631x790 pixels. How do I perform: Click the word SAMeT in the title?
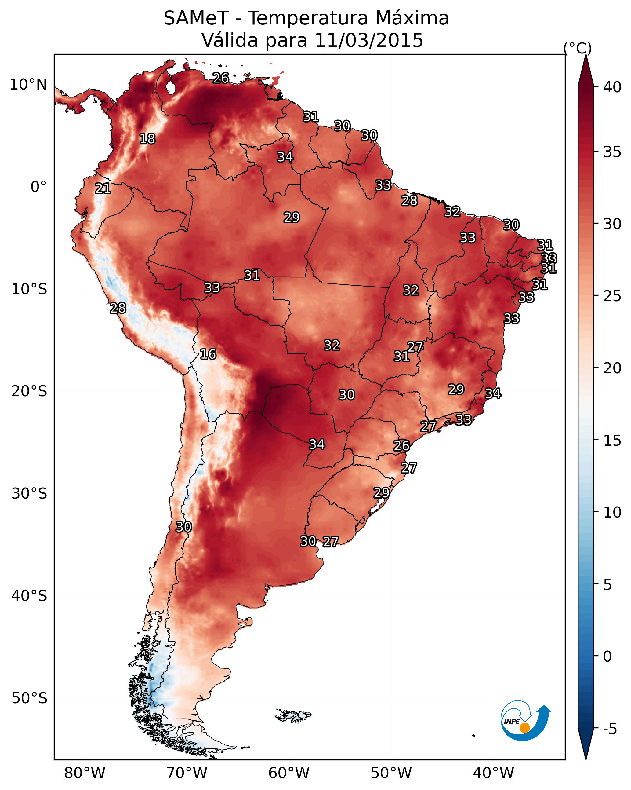pyautogui.click(x=196, y=18)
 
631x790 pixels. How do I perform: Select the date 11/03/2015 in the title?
pyautogui.click(x=368, y=40)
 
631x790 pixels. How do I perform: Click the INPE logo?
pyautogui.click(x=526, y=722)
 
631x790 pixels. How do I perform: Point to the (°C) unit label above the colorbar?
pyautogui.click(x=577, y=48)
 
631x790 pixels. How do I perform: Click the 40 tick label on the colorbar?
pyautogui.click(x=612, y=87)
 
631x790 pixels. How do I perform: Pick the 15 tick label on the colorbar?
pyautogui.click(x=612, y=441)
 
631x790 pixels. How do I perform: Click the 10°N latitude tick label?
pyautogui.click(x=28, y=85)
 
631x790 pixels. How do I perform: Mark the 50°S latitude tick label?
pyautogui.click(x=29, y=698)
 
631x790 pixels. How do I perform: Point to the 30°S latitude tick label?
pyautogui.click(x=29, y=494)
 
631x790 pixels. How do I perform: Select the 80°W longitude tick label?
pyautogui.click(x=85, y=773)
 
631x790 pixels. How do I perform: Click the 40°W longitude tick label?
pyautogui.click(x=493, y=773)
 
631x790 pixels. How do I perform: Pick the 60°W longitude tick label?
pyautogui.click(x=289, y=773)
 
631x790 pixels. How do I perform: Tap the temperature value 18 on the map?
pyautogui.click(x=147, y=139)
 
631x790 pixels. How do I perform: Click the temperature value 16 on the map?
pyautogui.click(x=208, y=354)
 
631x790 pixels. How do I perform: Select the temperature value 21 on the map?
pyautogui.click(x=103, y=189)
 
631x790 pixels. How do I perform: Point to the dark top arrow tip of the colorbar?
pyautogui.click(x=586, y=55)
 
